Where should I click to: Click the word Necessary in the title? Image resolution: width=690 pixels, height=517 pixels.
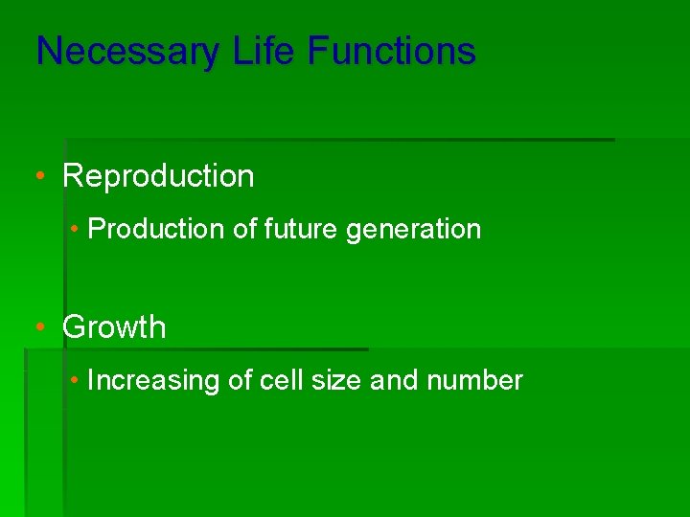(x=127, y=52)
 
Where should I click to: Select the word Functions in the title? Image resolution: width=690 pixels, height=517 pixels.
(x=391, y=51)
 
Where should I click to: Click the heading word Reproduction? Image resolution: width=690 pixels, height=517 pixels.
(x=158, y=177)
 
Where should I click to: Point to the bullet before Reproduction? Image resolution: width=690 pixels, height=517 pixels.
(x=39, y=177)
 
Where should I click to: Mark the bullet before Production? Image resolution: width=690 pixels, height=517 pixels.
(x=75, y=230)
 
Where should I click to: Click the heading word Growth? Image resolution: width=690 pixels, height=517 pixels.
(x=114, y=327)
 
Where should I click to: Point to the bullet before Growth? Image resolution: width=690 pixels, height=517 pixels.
(x=39, y=327)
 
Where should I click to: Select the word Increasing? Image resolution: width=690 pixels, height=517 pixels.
(x=153, y=382)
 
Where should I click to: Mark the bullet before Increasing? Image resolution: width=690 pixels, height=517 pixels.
(x=75, y=381)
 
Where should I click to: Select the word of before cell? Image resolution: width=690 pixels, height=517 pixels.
(x=241, y=381)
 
